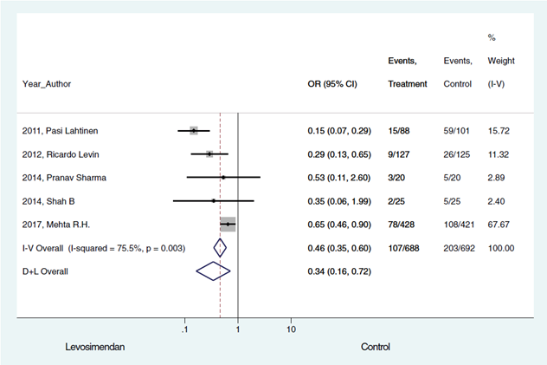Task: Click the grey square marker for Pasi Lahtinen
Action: coord(194,131)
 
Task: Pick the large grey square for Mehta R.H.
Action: coord(228,225)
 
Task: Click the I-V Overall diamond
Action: coord(220,248)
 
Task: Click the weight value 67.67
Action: coord(501,225)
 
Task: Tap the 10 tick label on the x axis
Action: coord(291,329)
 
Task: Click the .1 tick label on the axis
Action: coord(183,329)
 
